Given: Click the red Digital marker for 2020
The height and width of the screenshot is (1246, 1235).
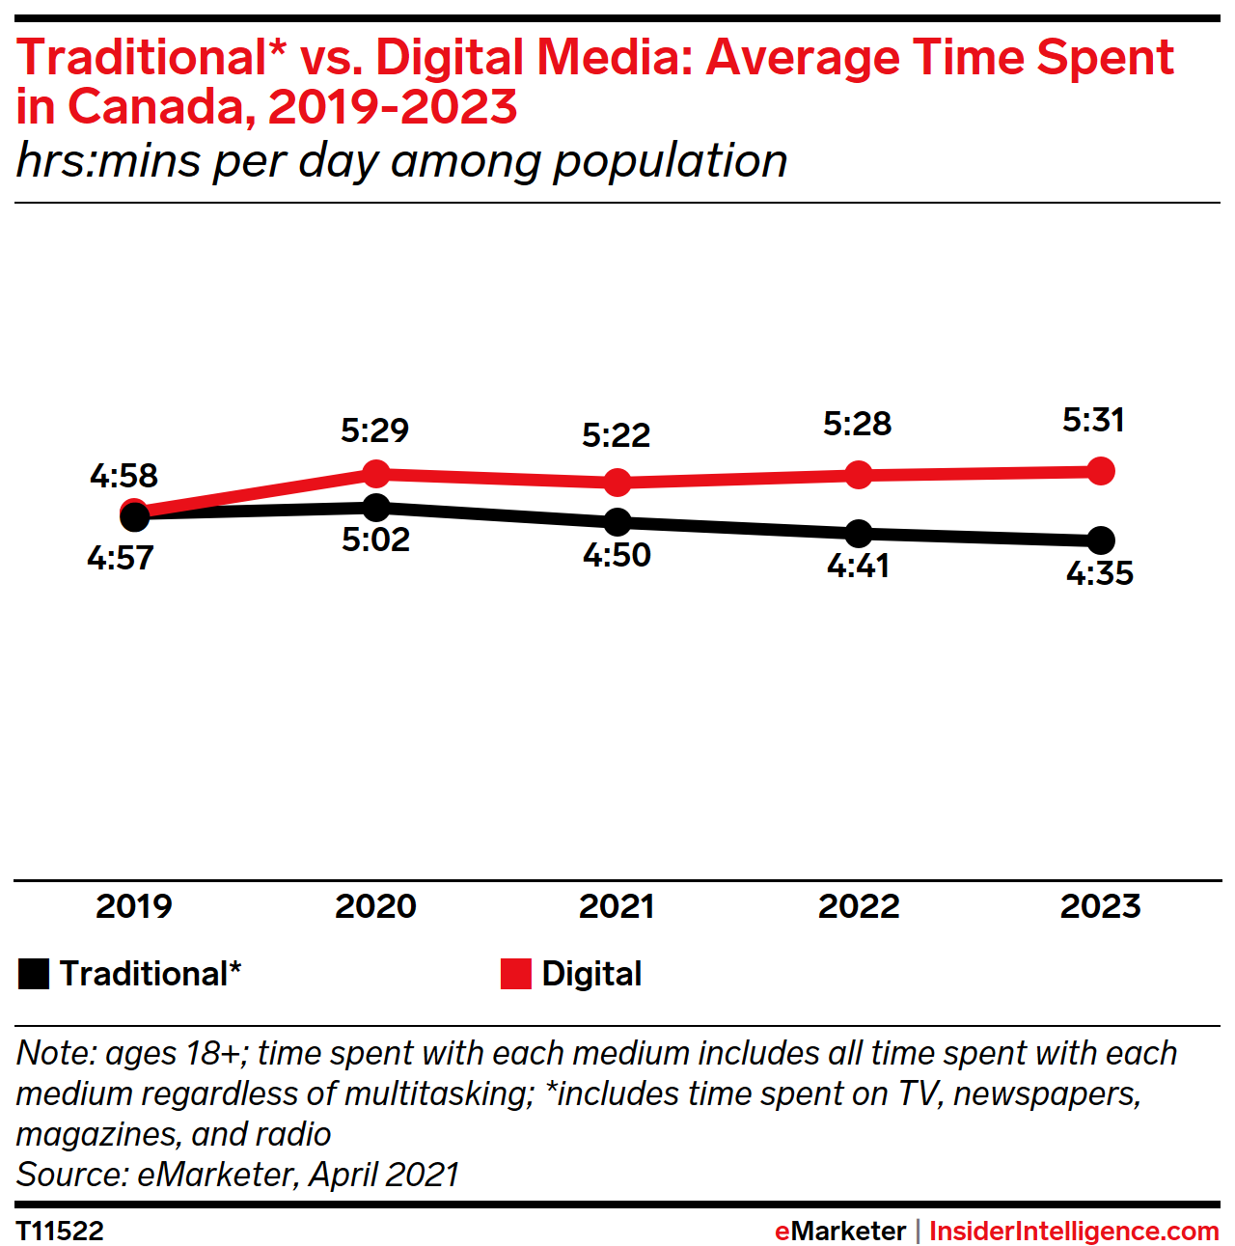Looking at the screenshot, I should tap(376, 474).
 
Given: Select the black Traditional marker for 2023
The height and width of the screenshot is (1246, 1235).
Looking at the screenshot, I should tap(1100, 540).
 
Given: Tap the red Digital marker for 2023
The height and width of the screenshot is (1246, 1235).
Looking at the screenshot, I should tap(1100, 471).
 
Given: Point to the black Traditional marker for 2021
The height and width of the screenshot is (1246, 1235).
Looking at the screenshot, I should tap(617, 522).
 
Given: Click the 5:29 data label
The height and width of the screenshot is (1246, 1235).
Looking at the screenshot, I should tap(375, 430).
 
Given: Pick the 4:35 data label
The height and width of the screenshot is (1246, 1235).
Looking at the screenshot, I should tap(1100, 573).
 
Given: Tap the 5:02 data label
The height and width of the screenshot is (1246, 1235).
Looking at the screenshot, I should tap(376, 540).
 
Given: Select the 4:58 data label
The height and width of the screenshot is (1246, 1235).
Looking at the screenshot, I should tap(123, 476).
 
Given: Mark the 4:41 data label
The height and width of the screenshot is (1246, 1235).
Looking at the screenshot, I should tap(859, 566).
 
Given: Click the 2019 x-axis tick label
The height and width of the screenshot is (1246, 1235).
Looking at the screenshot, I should tap(134, 906).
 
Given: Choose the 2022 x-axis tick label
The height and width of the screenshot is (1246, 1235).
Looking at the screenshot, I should tap(859, 906).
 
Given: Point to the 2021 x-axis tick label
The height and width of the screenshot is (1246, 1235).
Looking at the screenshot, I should tap(617, 906).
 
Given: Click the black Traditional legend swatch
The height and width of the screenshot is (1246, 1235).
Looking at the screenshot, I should tap(34, 974).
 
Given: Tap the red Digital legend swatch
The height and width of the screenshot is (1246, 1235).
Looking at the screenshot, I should tap(516, 974).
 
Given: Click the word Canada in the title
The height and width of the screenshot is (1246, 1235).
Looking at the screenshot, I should tap(161, 106).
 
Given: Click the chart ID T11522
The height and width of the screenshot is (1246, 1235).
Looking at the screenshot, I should tap(60, 1232).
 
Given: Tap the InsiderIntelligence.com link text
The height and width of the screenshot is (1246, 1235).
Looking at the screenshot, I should tap(1074, 1232).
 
